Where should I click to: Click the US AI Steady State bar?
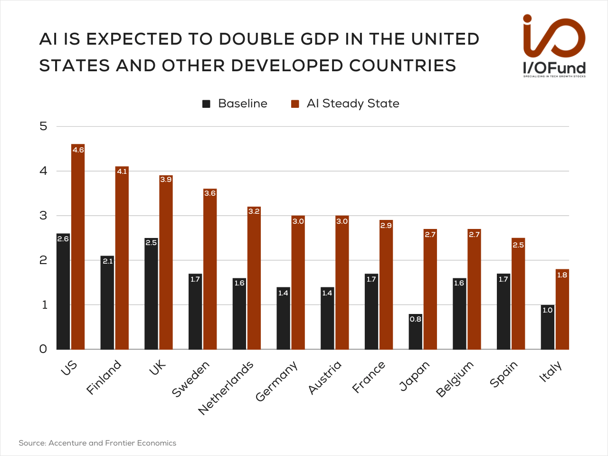coord(78,247)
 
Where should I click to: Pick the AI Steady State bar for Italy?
coord(562,309)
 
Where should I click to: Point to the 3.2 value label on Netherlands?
coord(254,211)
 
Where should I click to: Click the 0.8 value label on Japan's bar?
coord(416,319)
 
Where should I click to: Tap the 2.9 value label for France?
coord(386,225)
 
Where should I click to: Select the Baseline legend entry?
coord(235,104)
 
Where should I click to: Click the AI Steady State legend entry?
coord(345,104)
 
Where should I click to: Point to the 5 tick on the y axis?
coord(44,126)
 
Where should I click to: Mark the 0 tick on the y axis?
coord(43,349)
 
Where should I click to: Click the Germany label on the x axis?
coord(276,381)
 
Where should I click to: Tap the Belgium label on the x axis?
coord(455,379)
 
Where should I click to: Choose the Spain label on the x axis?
coord(503,374)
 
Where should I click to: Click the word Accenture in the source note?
coord(67,443)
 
